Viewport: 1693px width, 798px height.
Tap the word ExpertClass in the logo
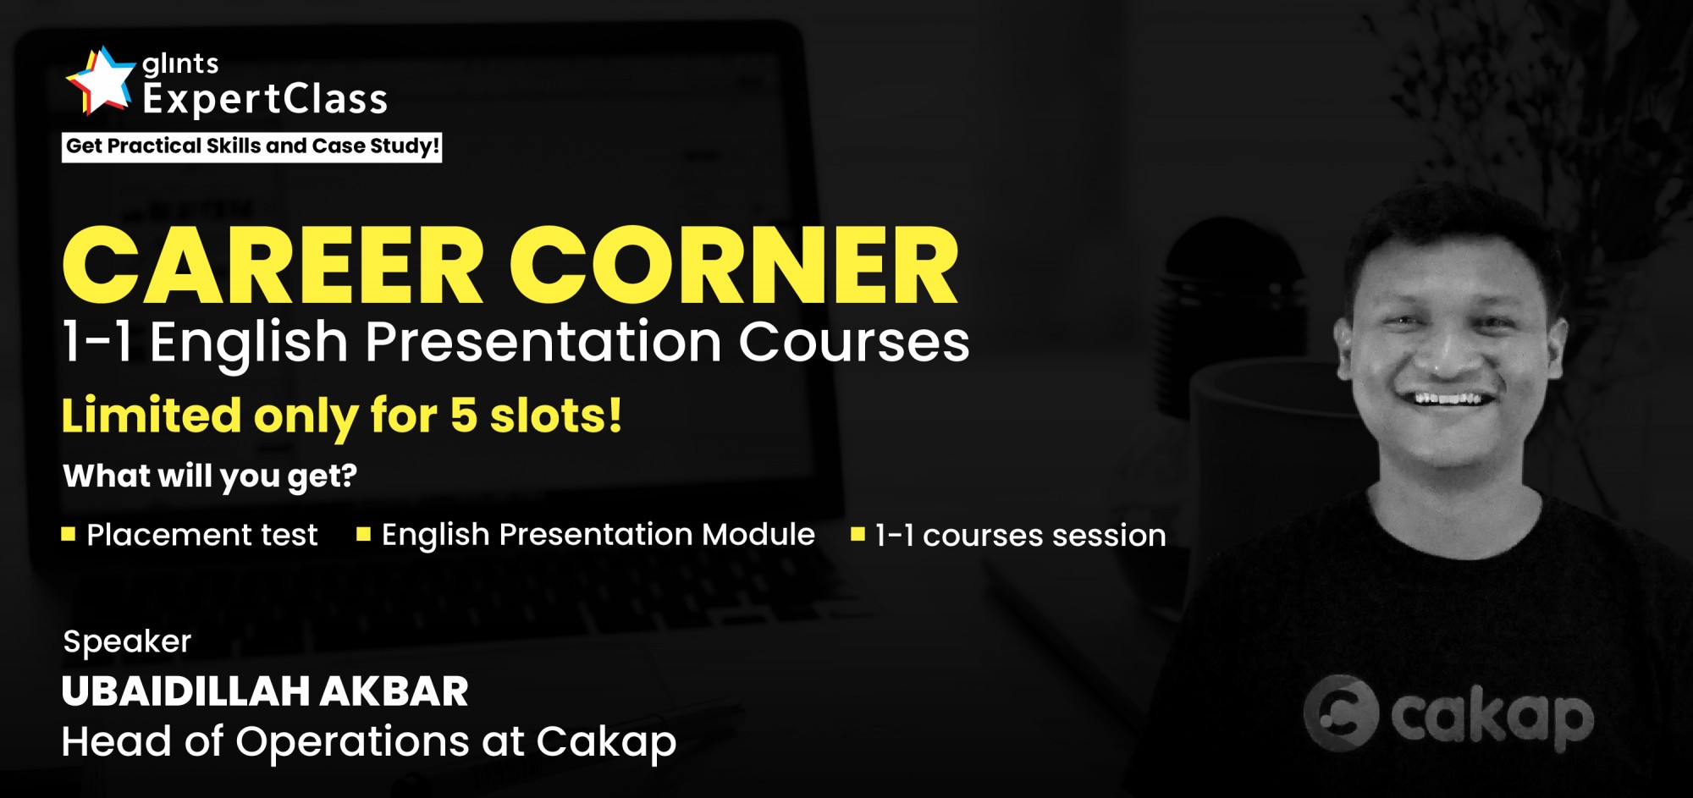[x=265, y=100]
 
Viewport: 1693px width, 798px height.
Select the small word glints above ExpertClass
[x=180, y=64]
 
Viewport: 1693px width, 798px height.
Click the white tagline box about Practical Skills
[x=252, y=146]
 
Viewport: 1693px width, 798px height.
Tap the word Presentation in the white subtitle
[x=543, y=343]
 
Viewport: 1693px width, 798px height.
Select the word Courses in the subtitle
[x=854, y=343]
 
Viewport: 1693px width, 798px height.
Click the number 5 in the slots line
[x=463, y=416]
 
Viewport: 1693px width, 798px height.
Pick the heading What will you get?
[x=210, y=476]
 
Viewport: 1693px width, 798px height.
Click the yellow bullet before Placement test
[x=69, y=534]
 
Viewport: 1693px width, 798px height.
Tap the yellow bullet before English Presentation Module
[x=364, y=534]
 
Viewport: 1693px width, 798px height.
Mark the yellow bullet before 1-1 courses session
[x=858, y=534]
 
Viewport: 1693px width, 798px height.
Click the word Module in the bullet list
[x=758, y=535]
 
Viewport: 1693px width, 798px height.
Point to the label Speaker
[x=127, y=642]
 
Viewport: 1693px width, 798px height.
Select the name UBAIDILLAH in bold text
[x=185, y=691]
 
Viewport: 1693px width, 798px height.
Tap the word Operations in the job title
[x=353, y=742]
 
